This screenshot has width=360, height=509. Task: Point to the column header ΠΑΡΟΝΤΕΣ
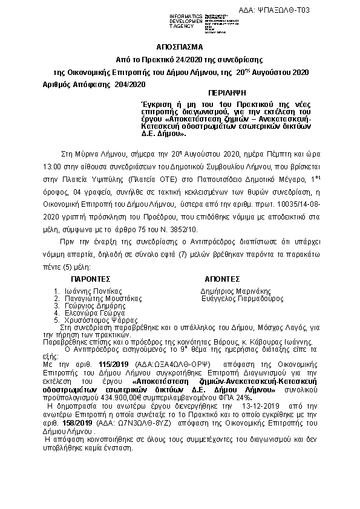(91, 280)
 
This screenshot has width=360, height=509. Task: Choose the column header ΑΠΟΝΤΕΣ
(223, 280)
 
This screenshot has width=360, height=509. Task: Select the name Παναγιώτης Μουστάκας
(103, 299)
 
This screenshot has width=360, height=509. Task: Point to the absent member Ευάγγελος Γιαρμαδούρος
(242, 299)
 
